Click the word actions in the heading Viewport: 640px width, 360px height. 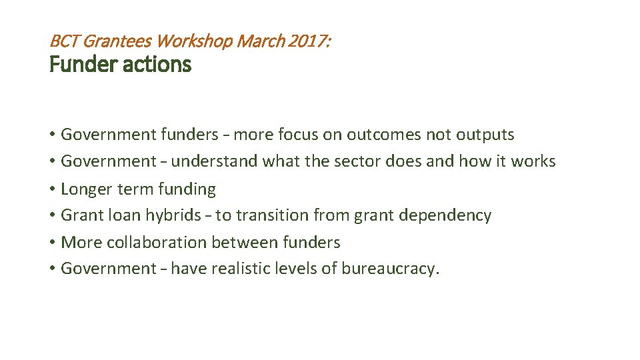click(x=160, y=65)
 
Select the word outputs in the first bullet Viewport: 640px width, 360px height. click(x=485, y=135)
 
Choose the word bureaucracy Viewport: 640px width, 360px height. click(x=391, y=269)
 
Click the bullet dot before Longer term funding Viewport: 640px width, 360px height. click(x=52, y=190)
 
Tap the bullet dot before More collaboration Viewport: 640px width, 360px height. click(x=52, y=243)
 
